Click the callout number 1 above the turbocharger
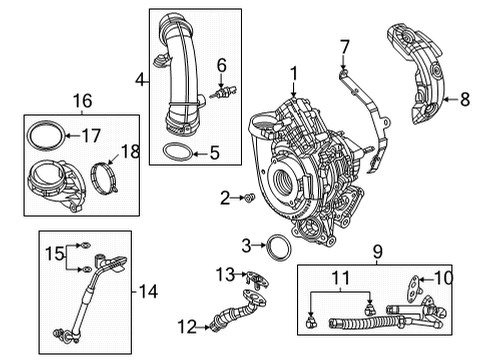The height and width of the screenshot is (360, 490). point(294,72)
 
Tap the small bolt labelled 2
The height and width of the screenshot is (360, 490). point(247,200)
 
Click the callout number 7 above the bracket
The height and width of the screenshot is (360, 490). point(344,46)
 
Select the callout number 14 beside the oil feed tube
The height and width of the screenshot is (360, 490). point(148,292)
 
